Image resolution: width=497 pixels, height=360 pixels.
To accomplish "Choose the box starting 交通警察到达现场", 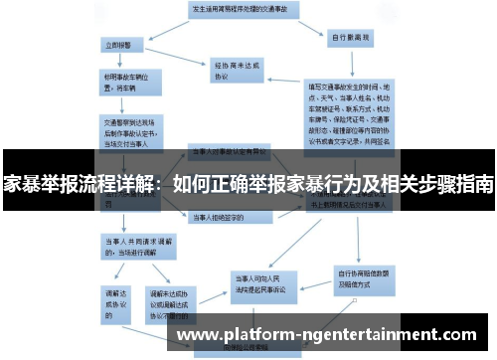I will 123,129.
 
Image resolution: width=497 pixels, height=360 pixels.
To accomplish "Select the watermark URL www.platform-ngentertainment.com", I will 334,335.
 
